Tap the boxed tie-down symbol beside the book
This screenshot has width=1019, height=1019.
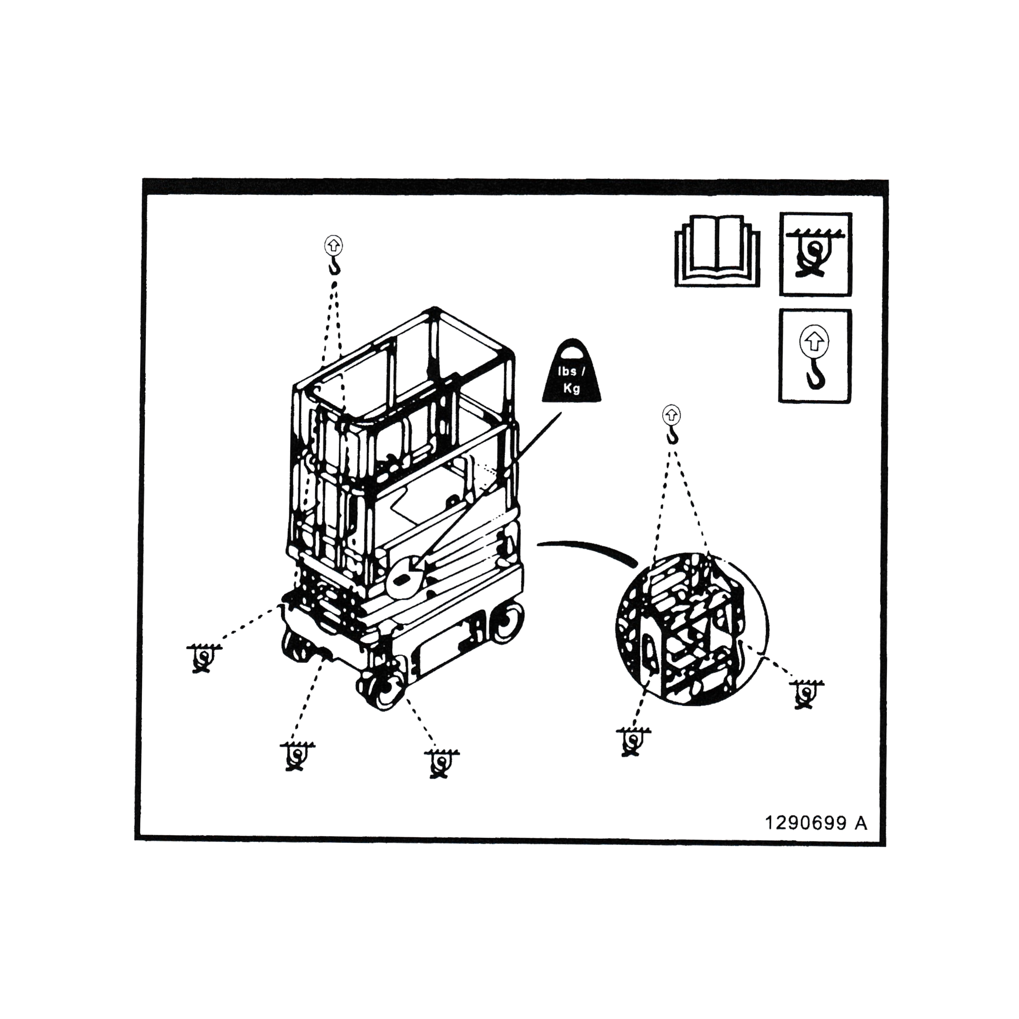pos(815,254)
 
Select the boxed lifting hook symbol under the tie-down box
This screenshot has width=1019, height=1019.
pos(815,357)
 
